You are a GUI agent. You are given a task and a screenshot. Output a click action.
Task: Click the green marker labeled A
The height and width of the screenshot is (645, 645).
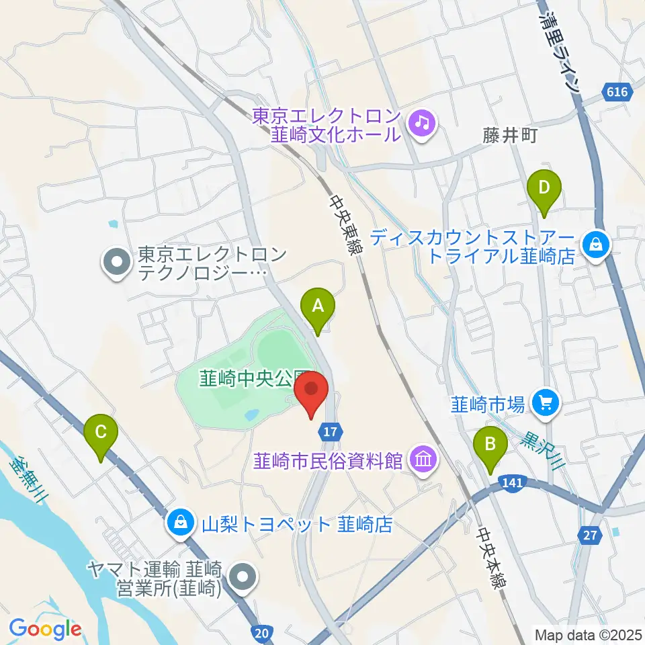click(318, 306)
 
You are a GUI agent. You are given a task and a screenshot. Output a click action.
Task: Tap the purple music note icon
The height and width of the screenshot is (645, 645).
click(422, 122)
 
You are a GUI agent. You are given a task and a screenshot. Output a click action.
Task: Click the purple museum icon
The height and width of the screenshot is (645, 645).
click(424, 461)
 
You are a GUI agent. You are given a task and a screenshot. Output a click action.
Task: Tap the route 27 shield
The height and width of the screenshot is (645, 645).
click(589, 535)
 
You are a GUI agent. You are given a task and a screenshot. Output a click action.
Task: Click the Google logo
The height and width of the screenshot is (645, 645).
click(45, 629)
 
